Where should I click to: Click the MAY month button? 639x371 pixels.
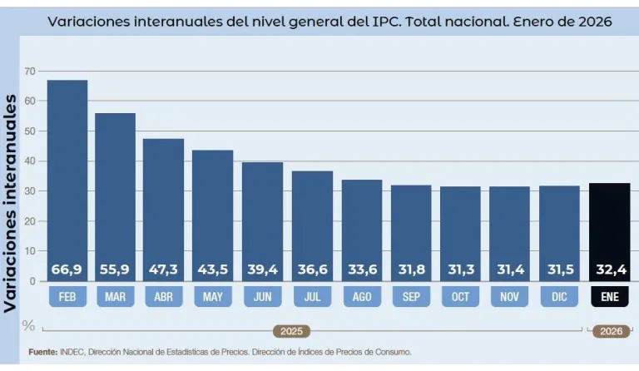click(x=213, y=296)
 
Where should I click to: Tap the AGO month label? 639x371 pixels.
click(x=362, y=296)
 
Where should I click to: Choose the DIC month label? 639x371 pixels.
click(x=559, y=296)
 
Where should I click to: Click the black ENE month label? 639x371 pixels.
click(x=609, y=296)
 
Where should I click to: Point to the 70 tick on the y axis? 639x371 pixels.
click(x=31, y=72)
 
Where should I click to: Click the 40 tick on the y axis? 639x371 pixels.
click(x=31, y=161)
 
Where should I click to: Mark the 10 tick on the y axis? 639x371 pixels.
click(x=31, y=251)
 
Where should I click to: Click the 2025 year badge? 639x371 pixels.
click(x=291, y=331)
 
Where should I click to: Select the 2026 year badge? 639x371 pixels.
click(x=611, y=331)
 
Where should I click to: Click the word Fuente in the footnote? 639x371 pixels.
click(x=42, y=352)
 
